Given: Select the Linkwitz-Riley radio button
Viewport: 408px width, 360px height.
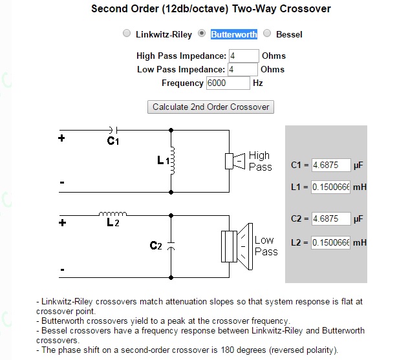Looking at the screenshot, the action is pos(127,34).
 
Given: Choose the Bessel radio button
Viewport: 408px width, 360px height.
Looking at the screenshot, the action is pos(267,34).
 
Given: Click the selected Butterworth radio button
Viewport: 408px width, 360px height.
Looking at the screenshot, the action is pos(202,34).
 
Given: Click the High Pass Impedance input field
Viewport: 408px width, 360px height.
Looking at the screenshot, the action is pos(244,56).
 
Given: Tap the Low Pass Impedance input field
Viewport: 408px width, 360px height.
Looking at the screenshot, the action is pos(242,69).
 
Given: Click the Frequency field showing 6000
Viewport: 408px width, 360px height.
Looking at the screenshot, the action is pos(228,83).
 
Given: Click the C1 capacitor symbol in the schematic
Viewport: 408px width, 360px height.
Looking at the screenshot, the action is pos(114,130).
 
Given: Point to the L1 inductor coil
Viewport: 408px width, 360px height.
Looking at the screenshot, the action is pos(172,160).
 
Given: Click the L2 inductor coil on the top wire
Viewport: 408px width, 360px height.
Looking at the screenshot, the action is pos(113,214).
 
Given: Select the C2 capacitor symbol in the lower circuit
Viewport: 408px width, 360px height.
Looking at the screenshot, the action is pos(171,246).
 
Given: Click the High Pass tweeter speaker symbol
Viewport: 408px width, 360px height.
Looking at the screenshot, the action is pos(235,162).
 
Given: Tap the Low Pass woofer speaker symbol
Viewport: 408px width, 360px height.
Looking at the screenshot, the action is pos(237,246).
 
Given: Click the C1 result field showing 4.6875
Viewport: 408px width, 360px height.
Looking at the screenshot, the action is pos(331,165).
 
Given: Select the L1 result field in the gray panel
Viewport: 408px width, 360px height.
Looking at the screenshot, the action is pos(330,187).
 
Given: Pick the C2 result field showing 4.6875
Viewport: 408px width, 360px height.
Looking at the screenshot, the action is pos(331,218).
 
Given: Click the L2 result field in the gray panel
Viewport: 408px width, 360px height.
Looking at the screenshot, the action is pos(330,242).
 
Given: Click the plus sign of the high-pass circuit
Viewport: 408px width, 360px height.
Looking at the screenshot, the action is pos(61,138).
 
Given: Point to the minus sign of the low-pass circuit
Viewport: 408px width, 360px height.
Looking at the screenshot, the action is pos(62,270).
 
